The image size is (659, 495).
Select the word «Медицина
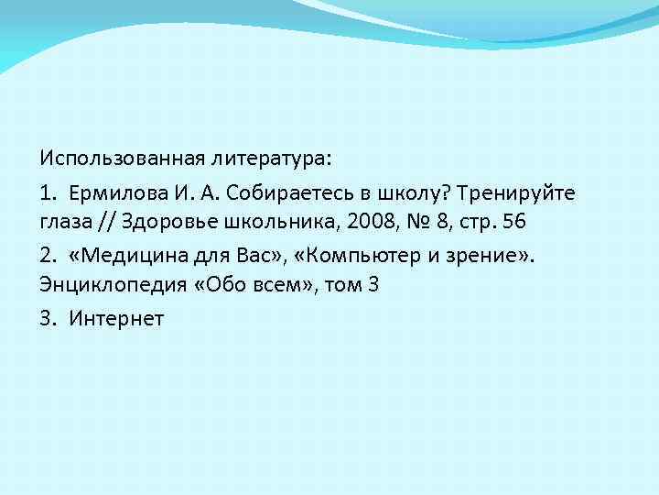[x=125, y=254]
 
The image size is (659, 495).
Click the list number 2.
[x=46, y=254]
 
